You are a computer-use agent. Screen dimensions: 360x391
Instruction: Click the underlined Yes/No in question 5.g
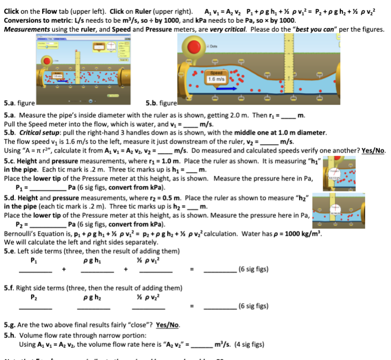(x=168, y=324)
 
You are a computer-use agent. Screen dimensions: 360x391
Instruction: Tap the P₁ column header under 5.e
(x=35, y=259)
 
